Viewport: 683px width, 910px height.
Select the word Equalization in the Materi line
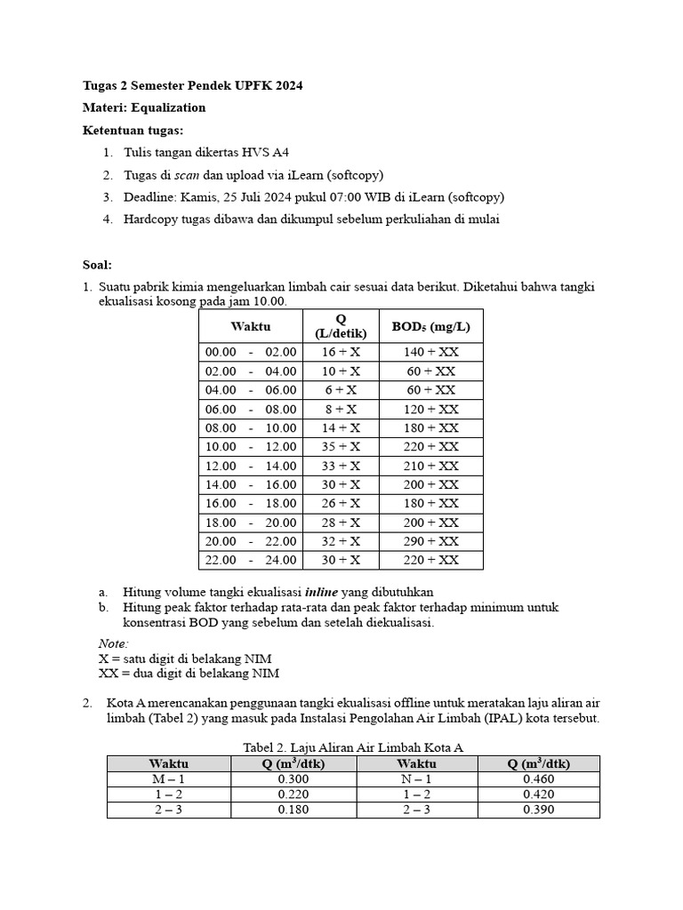[169, 108]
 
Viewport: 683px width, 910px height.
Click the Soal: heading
[98, 265]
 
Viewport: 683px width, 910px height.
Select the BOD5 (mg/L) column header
[430, 326]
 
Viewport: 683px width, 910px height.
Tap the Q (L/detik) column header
[341, 326]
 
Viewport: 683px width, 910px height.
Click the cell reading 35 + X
[341, 447]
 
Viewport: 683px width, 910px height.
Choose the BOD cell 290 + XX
[430, 541]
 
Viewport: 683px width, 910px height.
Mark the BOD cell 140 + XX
[430, 352]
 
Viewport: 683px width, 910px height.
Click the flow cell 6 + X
[341, 390]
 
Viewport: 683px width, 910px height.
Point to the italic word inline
[322, 592]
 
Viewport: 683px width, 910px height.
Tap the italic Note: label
[113, 643]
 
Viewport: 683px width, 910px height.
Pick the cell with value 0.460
[539, 778]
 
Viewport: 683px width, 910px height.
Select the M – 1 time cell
[168, 778]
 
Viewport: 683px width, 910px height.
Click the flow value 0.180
[293, 810]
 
